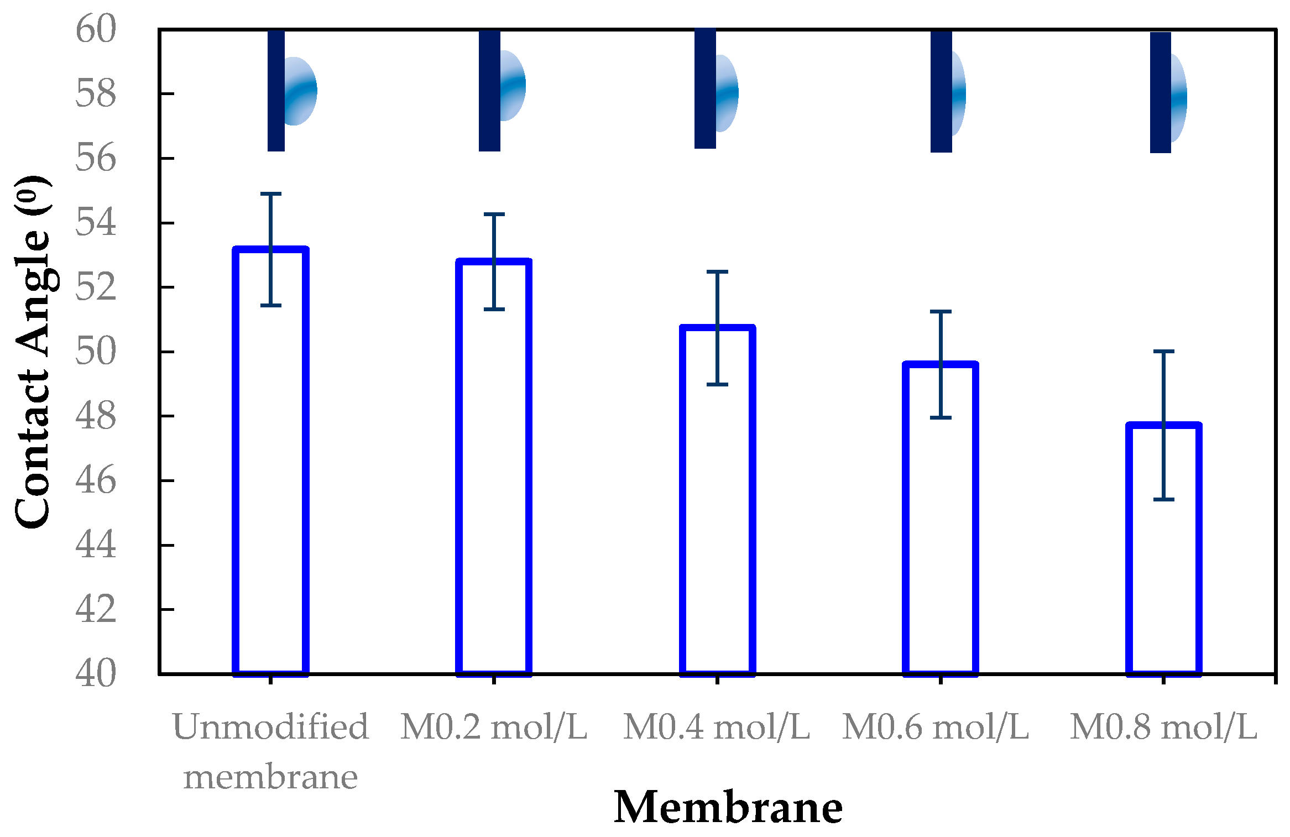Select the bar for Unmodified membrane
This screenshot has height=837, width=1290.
(x=270, y=462)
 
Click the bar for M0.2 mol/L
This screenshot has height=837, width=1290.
(x=494, y=467)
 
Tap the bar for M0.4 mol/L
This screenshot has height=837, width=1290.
(x=717, y=500)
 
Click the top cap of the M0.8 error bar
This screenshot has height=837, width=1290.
(x=1164, y=351)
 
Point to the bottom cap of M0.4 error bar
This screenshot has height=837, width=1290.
(x=717, y=384)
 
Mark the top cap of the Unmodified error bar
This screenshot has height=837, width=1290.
(x=271, y=194)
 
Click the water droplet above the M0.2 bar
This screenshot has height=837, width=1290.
(x=512, y=86)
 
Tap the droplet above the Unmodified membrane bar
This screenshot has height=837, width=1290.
(x=299, y=91)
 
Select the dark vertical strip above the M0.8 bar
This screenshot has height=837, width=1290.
(x=1160, y=92)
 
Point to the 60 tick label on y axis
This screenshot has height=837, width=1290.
(x=96, y=29)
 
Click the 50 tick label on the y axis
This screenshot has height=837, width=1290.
(x=96, y=352)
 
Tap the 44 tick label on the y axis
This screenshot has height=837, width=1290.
(x=96, y=545)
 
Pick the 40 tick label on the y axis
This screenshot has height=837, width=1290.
(x=96, y=673)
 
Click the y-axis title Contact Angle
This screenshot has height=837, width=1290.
(x=32, y=352)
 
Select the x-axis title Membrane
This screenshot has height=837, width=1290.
(x=728, y=808)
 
